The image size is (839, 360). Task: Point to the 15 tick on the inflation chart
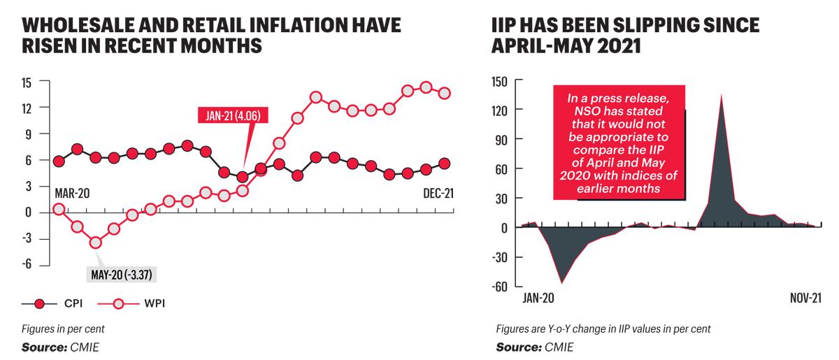point(27,82)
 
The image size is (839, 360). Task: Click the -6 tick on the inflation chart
point(27,264)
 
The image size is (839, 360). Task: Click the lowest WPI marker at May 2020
point(96,243)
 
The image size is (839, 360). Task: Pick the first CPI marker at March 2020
point(59,161)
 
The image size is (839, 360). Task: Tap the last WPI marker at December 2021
point(445,93)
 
